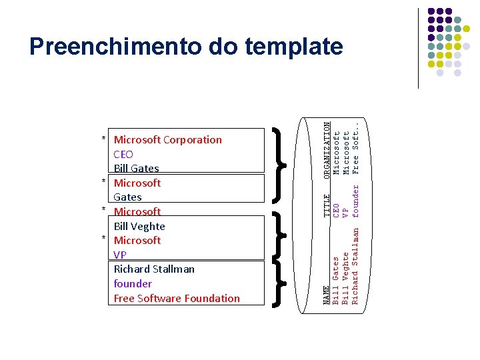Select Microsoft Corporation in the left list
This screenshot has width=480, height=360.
(167, 139)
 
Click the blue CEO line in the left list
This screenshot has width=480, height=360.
(123, 154)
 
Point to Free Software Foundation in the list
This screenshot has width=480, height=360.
(177, 298)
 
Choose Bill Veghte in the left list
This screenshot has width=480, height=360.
(139, 226)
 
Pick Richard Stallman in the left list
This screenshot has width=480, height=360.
(154, 269)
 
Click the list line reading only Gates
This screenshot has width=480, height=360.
(127, 197)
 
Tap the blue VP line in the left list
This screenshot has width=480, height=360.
(120, 255)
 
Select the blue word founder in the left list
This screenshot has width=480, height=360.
(133, 283)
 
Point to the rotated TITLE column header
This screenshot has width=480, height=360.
(326, 205)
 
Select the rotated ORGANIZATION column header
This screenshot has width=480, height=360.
(326, 149)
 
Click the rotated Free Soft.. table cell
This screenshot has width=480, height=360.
(355, 146)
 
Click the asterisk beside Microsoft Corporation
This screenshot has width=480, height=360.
(104, 140)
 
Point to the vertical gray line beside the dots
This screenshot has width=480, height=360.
(418, 48)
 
